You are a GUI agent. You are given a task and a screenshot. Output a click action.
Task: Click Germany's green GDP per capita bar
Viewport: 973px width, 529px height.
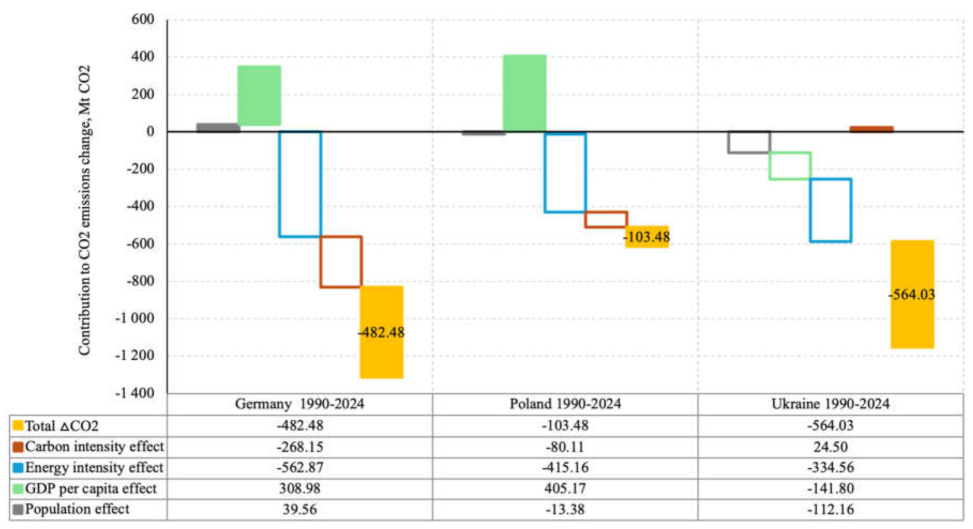click(x=259, y=95)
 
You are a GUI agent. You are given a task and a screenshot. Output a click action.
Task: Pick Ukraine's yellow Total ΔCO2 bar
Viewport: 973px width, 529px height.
click(x=912, y=294)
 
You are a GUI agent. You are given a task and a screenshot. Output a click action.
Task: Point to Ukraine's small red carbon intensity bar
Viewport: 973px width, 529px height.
click(x=871, y=129)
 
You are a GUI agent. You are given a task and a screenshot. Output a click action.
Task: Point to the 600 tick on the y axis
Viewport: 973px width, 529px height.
click(x=143, y=19)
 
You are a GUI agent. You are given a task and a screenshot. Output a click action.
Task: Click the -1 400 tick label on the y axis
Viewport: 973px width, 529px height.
click(x=135, y=393)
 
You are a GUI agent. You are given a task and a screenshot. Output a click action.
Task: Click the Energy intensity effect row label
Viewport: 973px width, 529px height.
click(x=94, y=467)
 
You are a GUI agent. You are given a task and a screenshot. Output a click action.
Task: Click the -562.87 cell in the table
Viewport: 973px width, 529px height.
click(x=300, y=467)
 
